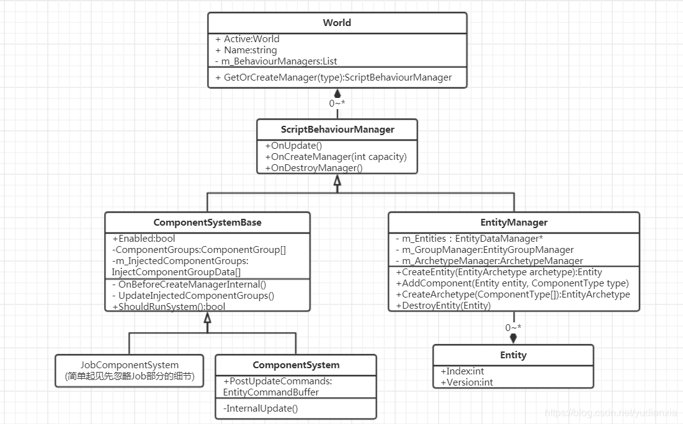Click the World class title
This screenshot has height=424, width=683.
coord(337,23)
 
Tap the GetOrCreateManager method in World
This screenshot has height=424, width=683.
coord(334,77)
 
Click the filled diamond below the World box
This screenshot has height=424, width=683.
coord(337,94)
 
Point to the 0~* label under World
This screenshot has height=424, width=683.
coord(337,104)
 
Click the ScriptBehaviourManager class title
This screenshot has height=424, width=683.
coord(337,130)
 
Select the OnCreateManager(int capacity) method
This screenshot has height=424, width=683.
coord(336,156)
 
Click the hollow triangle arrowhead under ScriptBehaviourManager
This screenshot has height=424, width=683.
coord(337,180)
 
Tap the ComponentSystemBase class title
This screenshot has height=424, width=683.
coord(207,223)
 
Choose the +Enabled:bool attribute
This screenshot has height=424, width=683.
coord(144,239)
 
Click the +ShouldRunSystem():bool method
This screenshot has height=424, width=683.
coord(169,306)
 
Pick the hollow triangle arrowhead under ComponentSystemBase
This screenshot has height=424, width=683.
coord(207,318)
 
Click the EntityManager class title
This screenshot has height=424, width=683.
coord(514,223)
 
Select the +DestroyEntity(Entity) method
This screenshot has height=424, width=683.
coord(444,306)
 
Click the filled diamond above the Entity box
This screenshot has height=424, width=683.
coord(513,338)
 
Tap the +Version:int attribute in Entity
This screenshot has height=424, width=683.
coord(466,382)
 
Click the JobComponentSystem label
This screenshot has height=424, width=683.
coord(130,365)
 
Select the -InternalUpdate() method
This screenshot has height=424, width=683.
coord(261,408)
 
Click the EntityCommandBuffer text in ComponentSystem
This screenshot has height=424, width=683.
coord(271,392)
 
